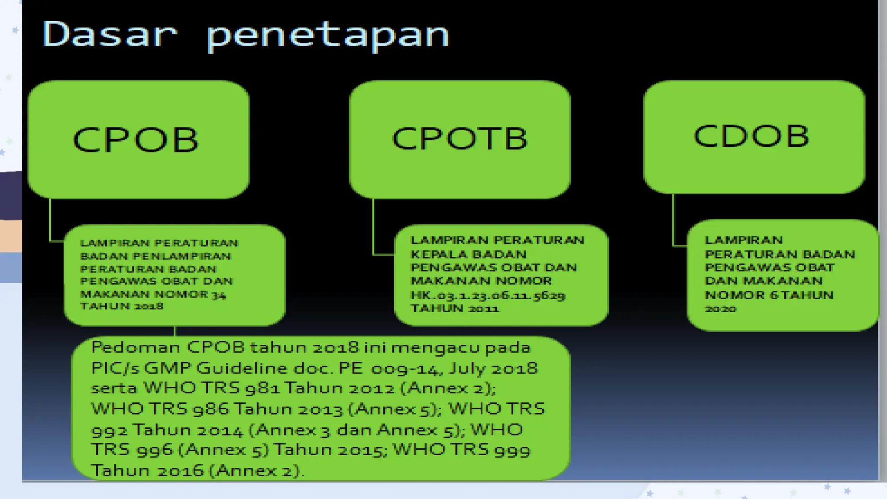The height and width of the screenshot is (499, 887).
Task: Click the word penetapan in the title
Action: (328, 36)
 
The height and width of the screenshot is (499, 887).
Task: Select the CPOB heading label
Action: (136, 140)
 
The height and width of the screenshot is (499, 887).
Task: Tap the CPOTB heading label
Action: (460, 139)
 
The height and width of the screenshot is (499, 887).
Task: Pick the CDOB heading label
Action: (751, 136)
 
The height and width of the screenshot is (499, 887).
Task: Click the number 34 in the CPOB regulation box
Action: (219, 295)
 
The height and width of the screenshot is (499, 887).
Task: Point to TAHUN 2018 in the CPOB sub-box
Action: (122, 306)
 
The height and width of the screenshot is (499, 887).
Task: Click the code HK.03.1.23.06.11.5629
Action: (488, 295)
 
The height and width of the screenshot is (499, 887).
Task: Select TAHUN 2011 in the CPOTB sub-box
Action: (455, 308)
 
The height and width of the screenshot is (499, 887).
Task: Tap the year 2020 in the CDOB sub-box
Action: (721, 309)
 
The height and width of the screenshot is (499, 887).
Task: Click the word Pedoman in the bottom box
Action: (136, 347)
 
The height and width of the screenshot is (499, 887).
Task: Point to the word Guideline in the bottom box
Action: (241, 368)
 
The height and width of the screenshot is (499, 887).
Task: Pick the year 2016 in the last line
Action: (180, 471)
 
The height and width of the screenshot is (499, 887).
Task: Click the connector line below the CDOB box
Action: (673, 221)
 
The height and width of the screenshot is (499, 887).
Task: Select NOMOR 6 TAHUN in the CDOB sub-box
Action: (769, 295)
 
